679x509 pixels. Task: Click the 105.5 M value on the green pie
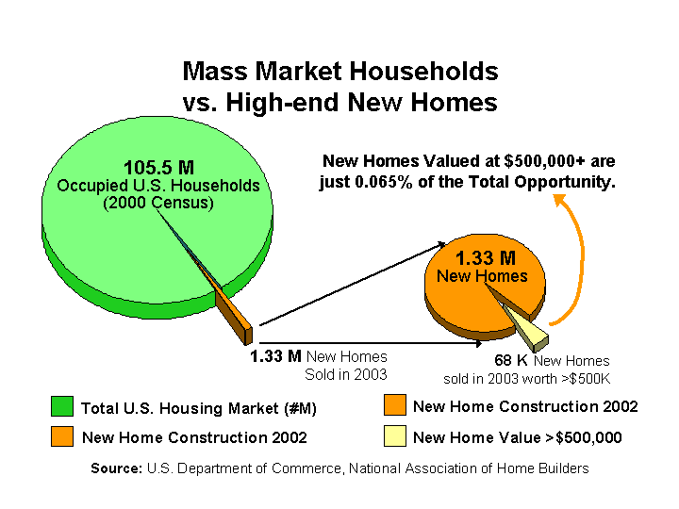pos(159,168)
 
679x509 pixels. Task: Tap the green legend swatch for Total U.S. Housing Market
pos(62,406)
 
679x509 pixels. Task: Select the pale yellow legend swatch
pos(395,435)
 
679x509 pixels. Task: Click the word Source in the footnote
pos(117,468)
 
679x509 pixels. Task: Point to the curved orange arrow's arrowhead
pos(560,200)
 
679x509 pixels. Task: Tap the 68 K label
pos(511,360)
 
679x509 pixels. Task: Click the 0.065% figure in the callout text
pos(383,182)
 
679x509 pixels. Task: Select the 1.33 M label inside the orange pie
pos(486,258)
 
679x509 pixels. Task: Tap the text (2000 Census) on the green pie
pos(158,203)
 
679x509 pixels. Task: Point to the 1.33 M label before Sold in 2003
pos(275,356)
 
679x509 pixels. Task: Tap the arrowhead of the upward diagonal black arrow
pos(440,245)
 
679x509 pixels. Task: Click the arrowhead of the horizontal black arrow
pos(477,343)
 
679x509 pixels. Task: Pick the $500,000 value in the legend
pos(588,437)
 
